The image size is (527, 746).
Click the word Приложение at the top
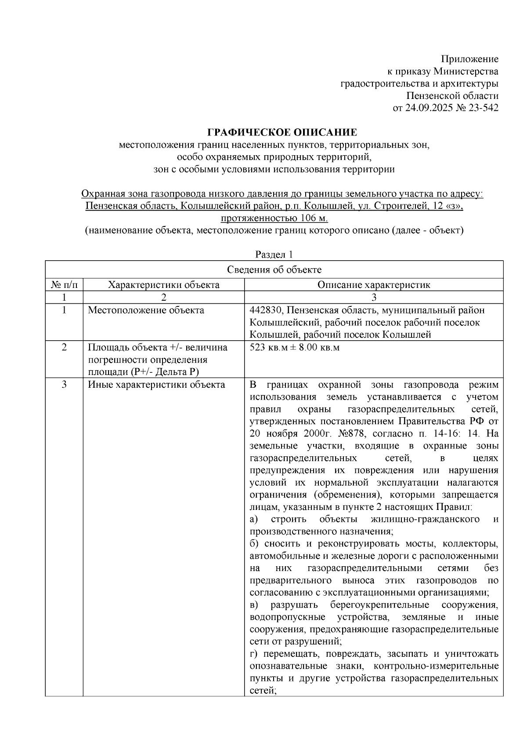(469, 59)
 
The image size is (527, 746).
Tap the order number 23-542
(483, 108)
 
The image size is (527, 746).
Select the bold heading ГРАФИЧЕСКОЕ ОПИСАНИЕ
(282, 132)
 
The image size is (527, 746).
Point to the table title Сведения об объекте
(274, 269)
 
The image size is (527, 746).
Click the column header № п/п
(64, 284)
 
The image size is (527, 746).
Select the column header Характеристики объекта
(163, 284)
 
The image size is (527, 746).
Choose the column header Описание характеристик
(373, 284)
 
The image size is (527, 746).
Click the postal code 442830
(265, 310)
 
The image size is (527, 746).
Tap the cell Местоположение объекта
(146, 310)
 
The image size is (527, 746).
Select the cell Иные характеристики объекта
(156, 385)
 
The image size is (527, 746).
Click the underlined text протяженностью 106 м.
(275, 218)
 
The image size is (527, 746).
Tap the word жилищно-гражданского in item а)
(425, 519)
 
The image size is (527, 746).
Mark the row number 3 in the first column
(64, 385)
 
